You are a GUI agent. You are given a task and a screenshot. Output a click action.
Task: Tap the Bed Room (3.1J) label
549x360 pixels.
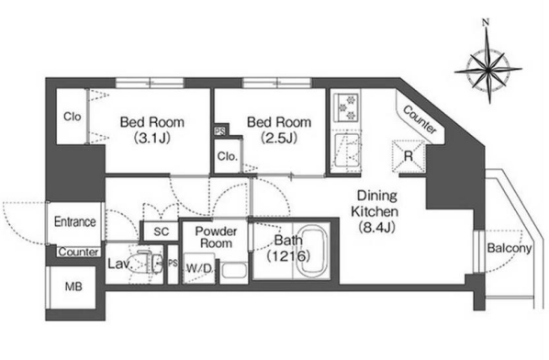152,130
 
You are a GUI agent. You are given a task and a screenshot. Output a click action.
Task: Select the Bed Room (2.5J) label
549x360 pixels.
279,130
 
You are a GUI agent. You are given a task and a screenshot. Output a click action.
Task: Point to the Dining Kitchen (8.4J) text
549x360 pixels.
376,211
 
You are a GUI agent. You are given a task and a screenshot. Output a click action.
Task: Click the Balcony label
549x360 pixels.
510,248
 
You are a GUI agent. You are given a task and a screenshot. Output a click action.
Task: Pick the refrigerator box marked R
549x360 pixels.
409,156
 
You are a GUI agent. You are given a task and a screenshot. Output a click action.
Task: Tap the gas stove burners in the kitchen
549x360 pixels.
346,107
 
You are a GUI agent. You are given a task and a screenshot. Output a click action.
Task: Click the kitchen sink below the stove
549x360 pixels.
347,151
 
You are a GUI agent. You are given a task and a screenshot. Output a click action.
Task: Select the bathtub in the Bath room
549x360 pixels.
312,252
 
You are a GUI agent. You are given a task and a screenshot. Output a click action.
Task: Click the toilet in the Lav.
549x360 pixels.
148,262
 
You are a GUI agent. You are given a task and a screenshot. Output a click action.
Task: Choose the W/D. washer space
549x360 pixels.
199,268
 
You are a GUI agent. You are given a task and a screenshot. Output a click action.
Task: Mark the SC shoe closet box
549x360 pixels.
161,231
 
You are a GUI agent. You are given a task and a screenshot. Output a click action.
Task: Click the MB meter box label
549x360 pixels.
73,287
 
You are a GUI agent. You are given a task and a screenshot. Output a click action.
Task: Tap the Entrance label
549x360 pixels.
75,221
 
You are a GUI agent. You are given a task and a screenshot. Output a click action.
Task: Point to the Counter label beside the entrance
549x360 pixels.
78,253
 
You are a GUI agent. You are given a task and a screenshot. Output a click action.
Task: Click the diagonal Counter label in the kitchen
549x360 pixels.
420,119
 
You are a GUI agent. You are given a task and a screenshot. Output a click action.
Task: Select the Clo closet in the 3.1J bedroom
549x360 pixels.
72,117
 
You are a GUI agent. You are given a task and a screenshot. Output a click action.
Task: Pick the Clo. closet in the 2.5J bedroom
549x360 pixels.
228,156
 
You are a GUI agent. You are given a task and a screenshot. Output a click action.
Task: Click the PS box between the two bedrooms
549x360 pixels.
220,131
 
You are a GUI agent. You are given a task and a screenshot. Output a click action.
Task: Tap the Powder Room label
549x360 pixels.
216,237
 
